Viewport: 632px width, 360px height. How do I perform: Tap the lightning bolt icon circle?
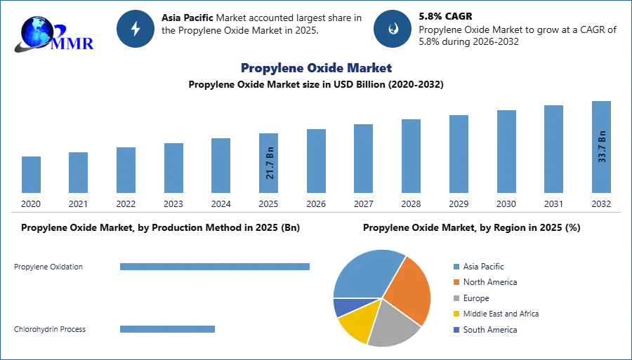(136, 29)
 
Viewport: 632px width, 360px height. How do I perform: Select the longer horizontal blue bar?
(215, 267)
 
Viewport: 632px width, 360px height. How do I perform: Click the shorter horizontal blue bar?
(168, 331)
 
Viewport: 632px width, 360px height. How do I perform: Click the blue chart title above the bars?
(315, 68)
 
